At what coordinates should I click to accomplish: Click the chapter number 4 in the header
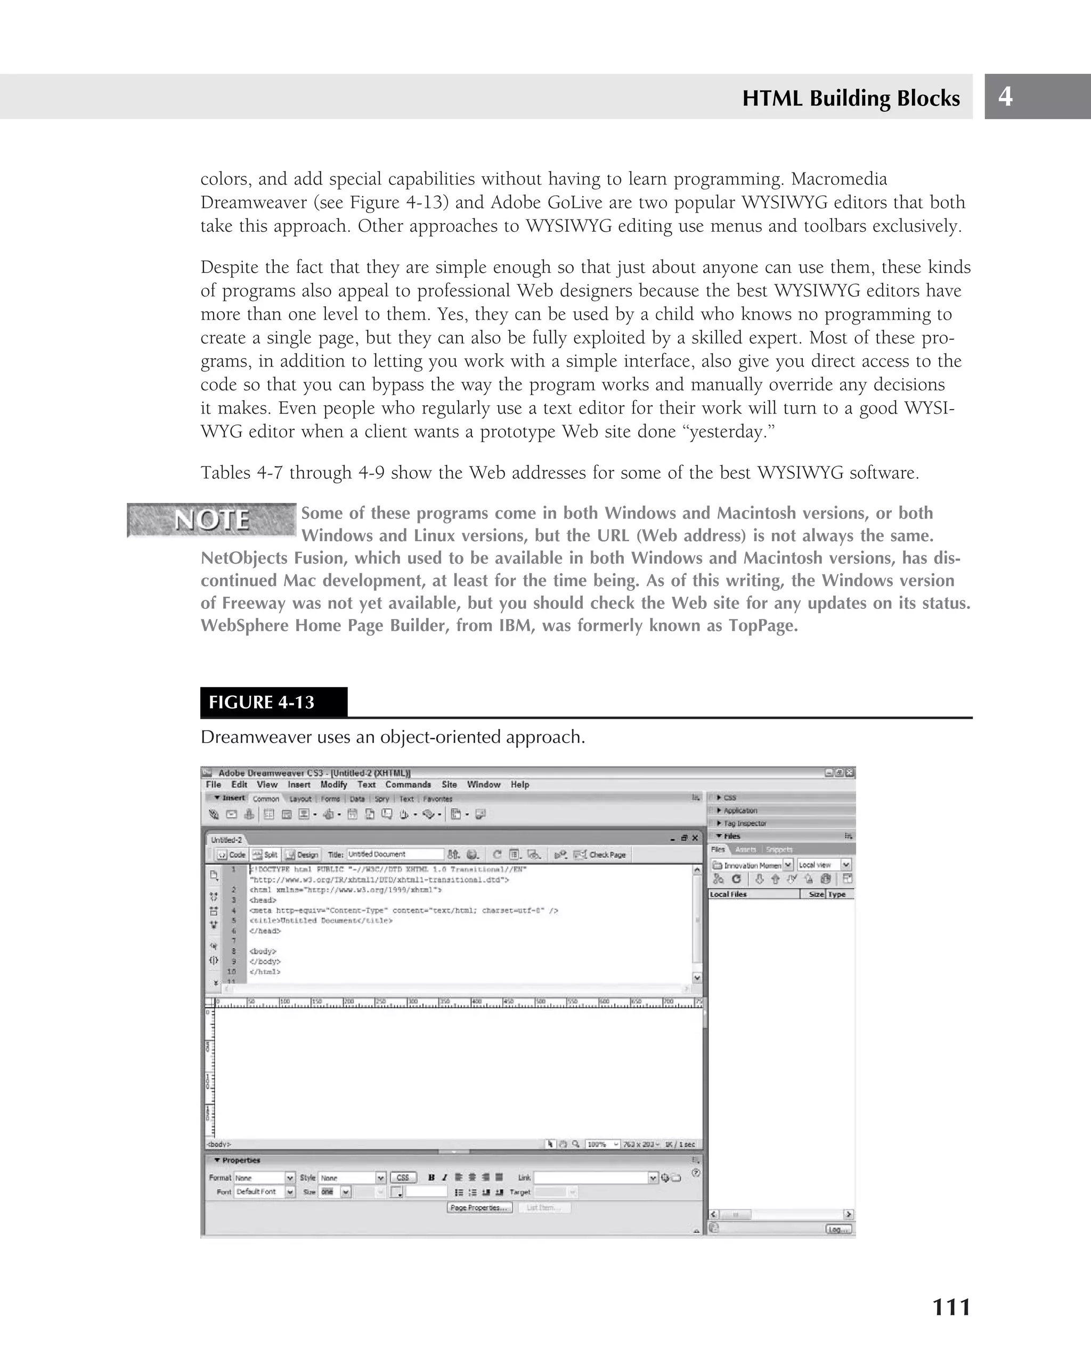coord(1005,96)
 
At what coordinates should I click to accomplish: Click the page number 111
coord(951,1307)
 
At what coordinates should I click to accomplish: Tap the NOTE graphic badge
coord(211,520)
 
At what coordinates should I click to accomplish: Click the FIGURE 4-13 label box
coord(273,702)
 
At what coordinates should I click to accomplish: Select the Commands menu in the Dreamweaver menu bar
coord(408,784)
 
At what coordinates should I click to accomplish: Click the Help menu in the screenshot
coord(519,784)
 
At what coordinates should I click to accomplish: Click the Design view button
coord(303,854)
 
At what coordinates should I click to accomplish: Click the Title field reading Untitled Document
coord(394,854)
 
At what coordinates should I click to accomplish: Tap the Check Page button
coord(600,854)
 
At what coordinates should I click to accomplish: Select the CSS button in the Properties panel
coord(403,1177)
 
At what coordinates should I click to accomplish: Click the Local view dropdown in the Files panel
coord(823,864)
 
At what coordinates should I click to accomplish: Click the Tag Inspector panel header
coord(744,823)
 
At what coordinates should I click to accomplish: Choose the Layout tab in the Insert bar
coord(300,799)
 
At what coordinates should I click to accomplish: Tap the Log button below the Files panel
coord(838,1229)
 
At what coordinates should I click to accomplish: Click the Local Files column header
coord(729,894)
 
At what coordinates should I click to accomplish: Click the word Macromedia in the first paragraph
coord(838,179)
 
